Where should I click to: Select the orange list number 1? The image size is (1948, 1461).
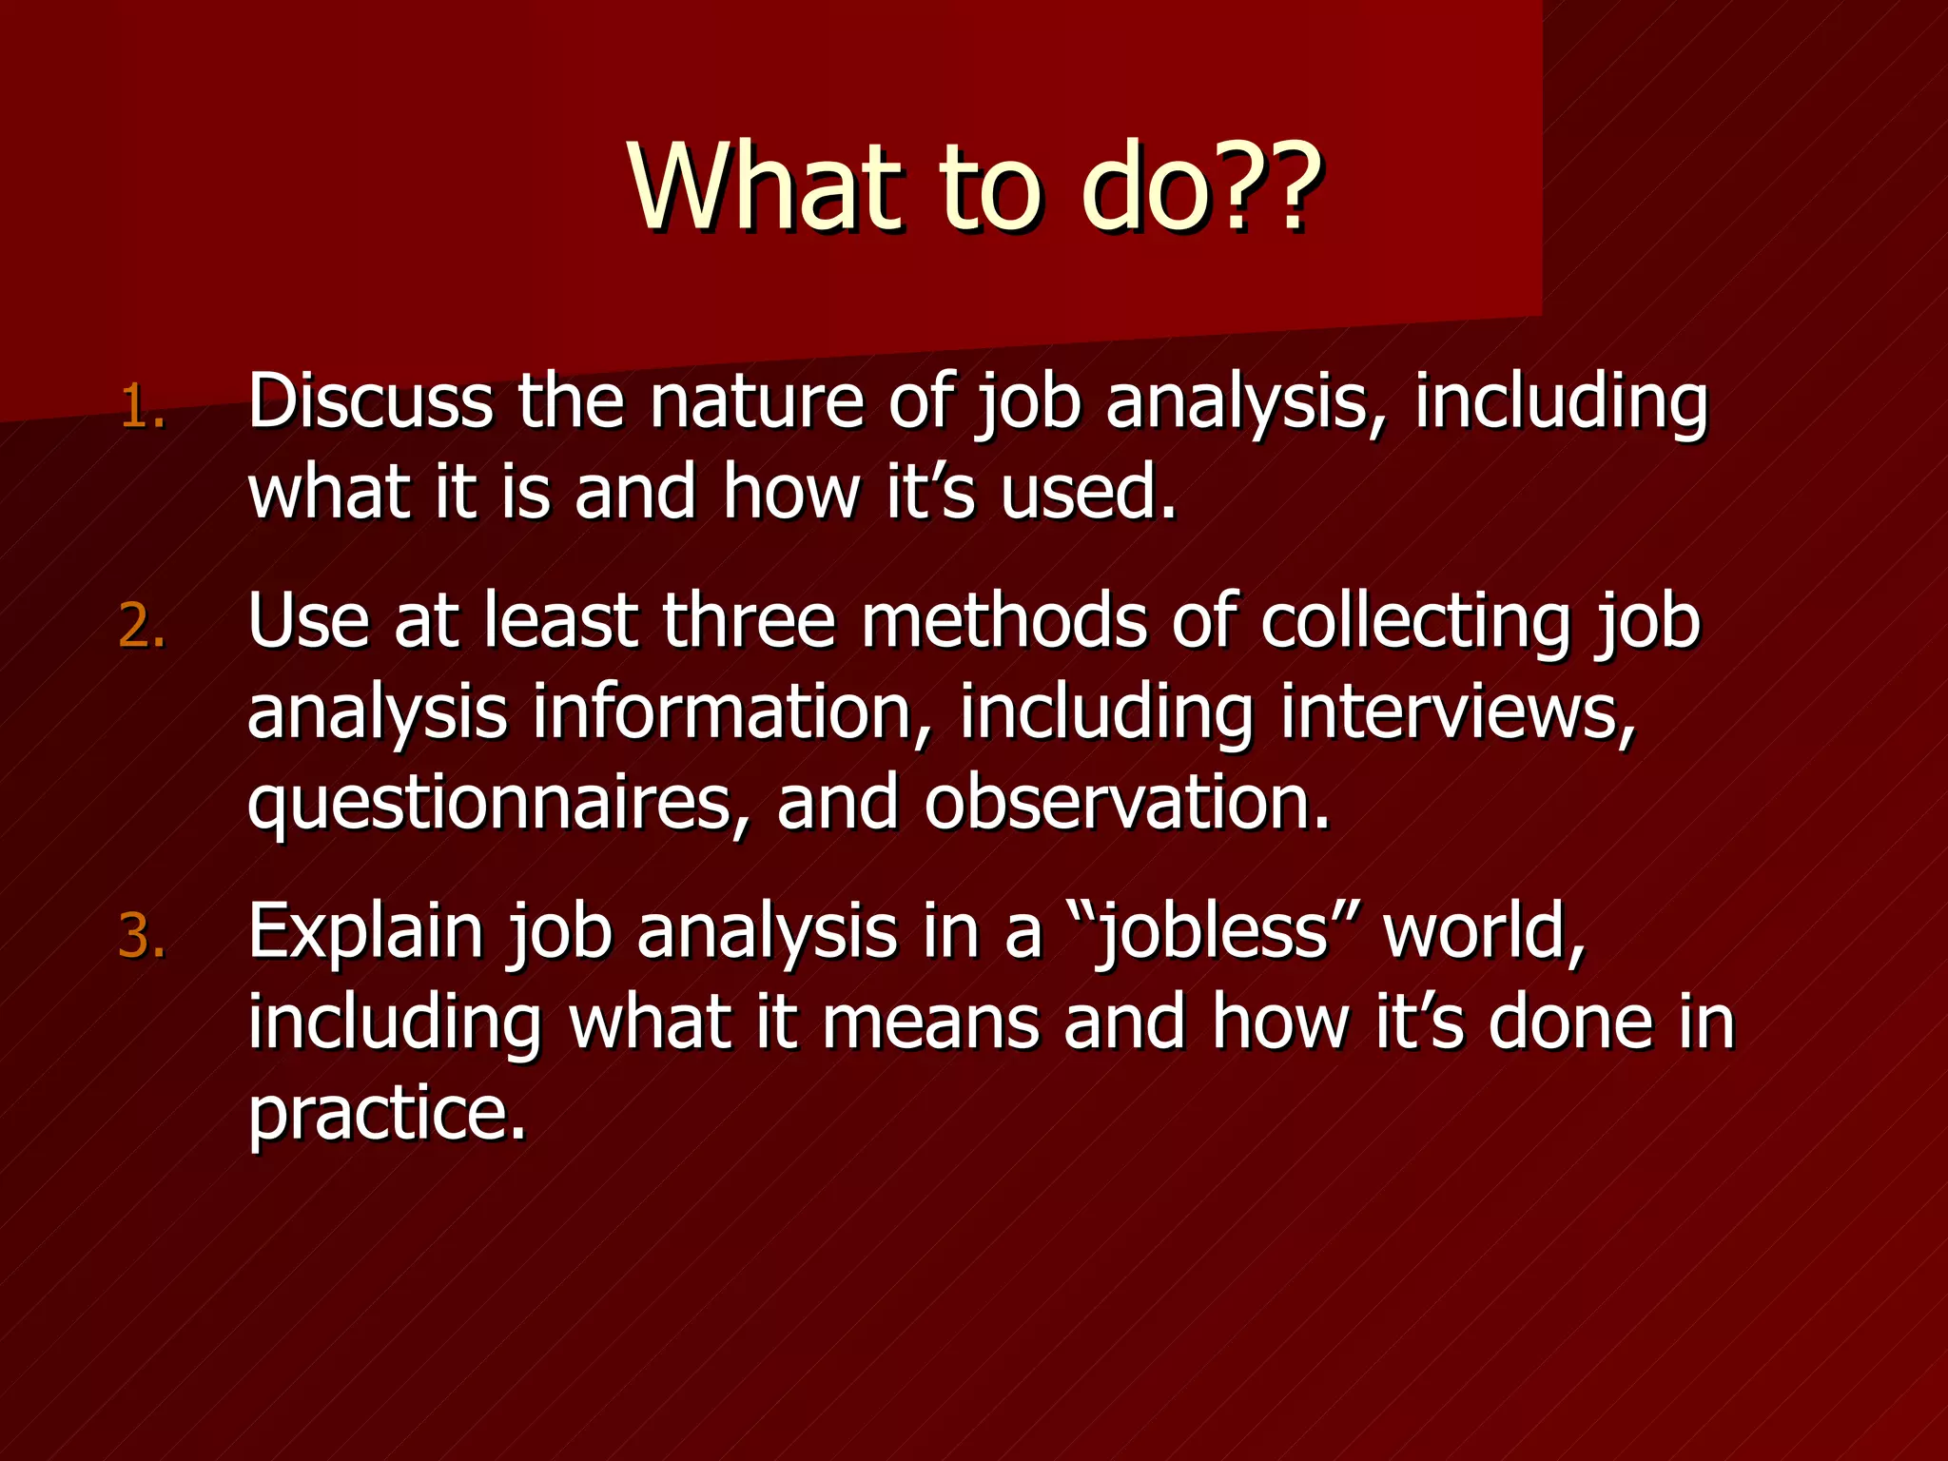143,409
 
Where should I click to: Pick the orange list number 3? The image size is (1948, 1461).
143,937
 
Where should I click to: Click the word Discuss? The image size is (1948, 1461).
370,401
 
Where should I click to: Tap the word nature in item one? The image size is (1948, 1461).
757,401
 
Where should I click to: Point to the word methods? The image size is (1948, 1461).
1003,621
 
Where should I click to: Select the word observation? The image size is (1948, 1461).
1127,802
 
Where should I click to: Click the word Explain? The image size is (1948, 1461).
366,932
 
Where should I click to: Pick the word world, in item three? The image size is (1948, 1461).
1485,932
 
